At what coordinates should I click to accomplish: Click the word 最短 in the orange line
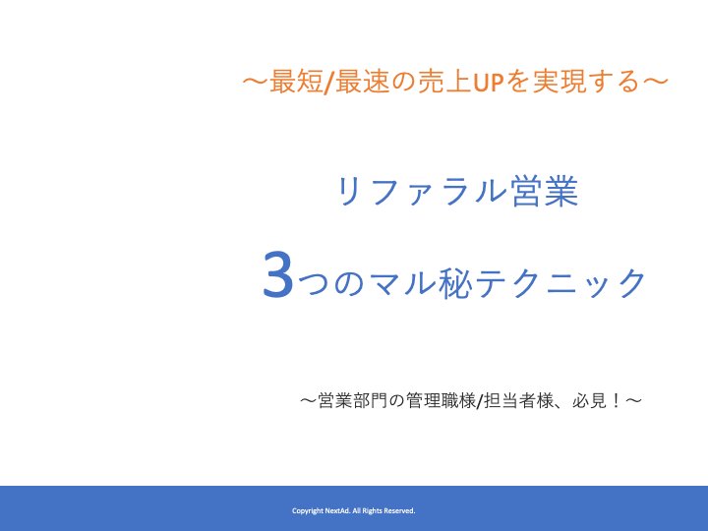click(296, 82)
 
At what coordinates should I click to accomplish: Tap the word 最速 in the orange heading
click(363, 82)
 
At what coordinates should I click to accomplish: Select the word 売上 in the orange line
click(444, 82)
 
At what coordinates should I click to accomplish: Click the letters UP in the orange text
click(488, 83)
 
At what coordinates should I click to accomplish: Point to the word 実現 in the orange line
click(560, 82)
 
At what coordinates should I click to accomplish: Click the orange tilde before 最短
click(256, 82)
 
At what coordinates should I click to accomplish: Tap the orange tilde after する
click(655, 82)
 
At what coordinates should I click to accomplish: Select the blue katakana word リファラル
click(422, 192)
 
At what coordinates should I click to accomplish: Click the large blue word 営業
click(545, 192)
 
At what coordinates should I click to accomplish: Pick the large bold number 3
click(278, 275)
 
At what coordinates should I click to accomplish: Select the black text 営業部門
click(353, 400)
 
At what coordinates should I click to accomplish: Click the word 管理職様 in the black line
click(442, 400)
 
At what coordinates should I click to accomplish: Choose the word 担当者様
click(519, 400)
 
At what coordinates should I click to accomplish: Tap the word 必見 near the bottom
click(590, 400)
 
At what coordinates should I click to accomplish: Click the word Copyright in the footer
click(308, 510)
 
